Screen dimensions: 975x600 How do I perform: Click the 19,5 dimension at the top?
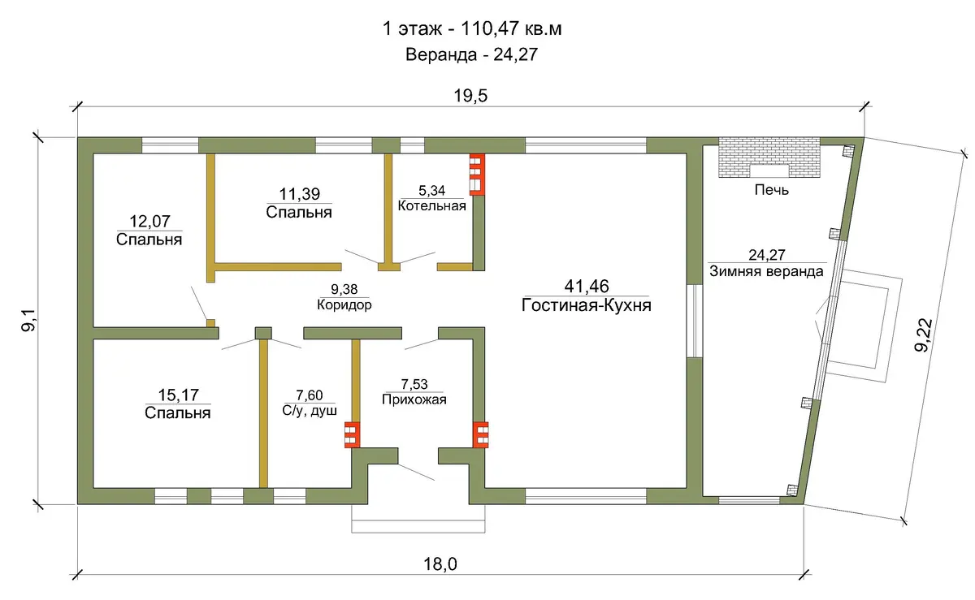pyautogui.click(x=470, y=96)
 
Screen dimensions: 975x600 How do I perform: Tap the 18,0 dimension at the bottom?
pyautogui.click(x=440, y=564)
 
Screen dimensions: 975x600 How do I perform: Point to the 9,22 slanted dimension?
pyautogui.click(x=924, y=335)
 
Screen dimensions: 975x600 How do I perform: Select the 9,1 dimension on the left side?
pyautogui.click(x=28, y=320)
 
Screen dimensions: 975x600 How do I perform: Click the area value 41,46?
pyautogui.click(x=587, y=287)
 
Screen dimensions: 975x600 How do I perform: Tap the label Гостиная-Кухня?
pyautogui.click(x=587, y=305)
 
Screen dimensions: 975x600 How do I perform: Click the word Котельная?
pyautogui.click(x=431, y=205)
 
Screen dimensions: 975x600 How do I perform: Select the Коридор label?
pyautogui.click(x=344, y=304)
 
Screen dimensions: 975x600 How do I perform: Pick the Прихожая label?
pyautogui.click(x=414, y=399)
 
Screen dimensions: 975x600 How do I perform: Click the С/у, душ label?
pyautogui.click(x=310, y=411)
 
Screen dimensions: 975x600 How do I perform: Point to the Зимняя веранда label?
pyautogui.click(x=766, y=271)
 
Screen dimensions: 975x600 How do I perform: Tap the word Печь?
pyautogui.click(x=772, y=190)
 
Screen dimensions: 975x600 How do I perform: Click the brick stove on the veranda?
pyautogui.click(x=769, y=157)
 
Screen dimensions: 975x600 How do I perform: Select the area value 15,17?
pyautogui.click(x=178, y=395)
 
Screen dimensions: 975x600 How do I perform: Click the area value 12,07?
pyautogui.click(x=149, y=222)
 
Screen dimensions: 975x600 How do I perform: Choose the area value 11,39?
pyautogui.click(x=300, y=194)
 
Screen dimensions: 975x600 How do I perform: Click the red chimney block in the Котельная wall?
pyautogui.click(x=477, y=175)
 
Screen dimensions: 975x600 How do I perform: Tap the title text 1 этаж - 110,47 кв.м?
pyautogui.click(x=472, y=28)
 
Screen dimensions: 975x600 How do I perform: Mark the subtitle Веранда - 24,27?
pyautogui.click(x=472, y=55)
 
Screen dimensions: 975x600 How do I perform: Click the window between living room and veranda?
pyautogui.click(x=695, y=321)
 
